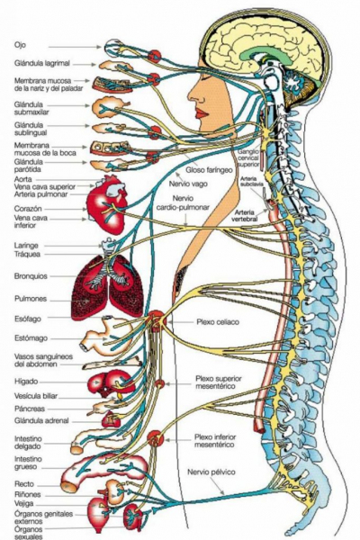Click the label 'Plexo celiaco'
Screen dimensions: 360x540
click(x=218, y=322)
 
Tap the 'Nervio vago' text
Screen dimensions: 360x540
click(x=188, y=184)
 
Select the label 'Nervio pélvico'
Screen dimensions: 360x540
click(x=211, y=472)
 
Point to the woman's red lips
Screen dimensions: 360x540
click(x=202, y=113)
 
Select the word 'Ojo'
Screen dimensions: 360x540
click(x=20, y=45)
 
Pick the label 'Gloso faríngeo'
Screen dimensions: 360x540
click(x=209, y=170)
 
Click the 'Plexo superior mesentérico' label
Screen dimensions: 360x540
click(x=219, y=382)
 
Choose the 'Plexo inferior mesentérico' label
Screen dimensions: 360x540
click(x=215, y=441)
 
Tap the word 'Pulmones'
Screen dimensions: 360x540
click(x=31, y=299)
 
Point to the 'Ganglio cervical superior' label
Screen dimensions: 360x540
click(x=248, y=158)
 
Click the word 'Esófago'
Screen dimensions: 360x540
click(x=28, y=319)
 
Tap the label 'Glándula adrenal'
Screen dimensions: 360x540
click(x=41, y=420)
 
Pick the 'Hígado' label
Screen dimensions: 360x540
click(x=26, y=382)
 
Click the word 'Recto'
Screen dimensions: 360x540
click(x=24, y=484)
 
